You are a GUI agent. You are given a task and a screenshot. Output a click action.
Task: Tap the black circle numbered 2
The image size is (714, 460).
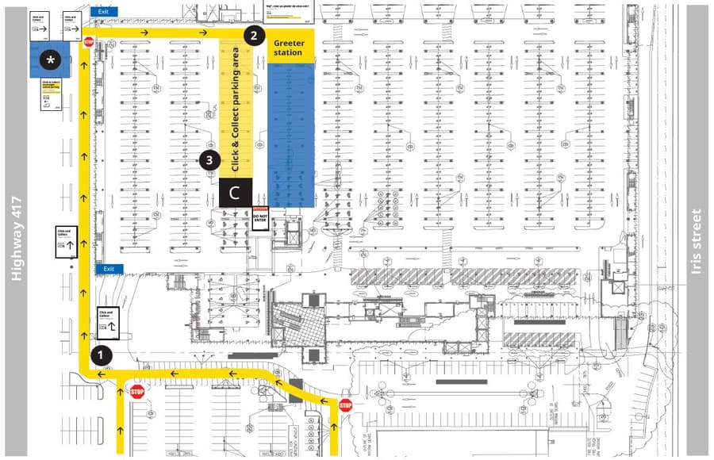pyautogui.click(x=253, y=35)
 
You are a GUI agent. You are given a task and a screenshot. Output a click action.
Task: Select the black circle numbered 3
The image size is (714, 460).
pyautogui.click(x=209, y=159)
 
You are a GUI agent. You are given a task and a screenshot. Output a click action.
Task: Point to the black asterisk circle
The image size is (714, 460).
pyautogui.click(x=52, y=59)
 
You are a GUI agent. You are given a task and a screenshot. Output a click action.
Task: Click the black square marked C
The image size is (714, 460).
pyautogui.click(x=235, y=192)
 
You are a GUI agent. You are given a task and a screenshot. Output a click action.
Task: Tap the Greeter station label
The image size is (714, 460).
pyautogui.click(x=289, y=48)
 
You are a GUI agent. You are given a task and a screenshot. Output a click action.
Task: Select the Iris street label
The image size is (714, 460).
pyautogui.click(x=697, y=241)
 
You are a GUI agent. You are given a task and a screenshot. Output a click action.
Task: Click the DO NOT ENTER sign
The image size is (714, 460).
pyautogui.click(x=261, y=217)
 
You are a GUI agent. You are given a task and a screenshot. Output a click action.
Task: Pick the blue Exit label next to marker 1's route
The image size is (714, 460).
pyautogui.click(x=109, y=269)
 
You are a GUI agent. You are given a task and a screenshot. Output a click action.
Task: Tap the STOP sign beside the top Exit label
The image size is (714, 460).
pyautogui.click(x=88, y=42)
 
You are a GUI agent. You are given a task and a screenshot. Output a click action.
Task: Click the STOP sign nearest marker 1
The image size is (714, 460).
pyautogui.click(x=137, y=391)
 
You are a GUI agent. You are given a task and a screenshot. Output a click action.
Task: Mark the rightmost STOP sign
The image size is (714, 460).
pyautogui.click(x=345, y=405)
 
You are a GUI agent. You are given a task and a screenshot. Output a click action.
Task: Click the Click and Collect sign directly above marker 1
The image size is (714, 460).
pyautogui.click(x=107, y=322)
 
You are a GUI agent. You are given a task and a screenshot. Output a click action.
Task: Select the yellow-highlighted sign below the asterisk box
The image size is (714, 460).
pyautogui.click(x=52, y=94)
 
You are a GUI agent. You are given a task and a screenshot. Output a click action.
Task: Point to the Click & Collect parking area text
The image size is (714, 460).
pyautogui.click(x=236, y=109)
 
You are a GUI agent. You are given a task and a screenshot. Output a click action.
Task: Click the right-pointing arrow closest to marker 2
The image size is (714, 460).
pyautogui.click(x=204, y=33)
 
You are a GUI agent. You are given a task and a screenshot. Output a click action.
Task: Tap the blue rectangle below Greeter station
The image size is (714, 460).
pyautogui.click(x=290, y=135)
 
